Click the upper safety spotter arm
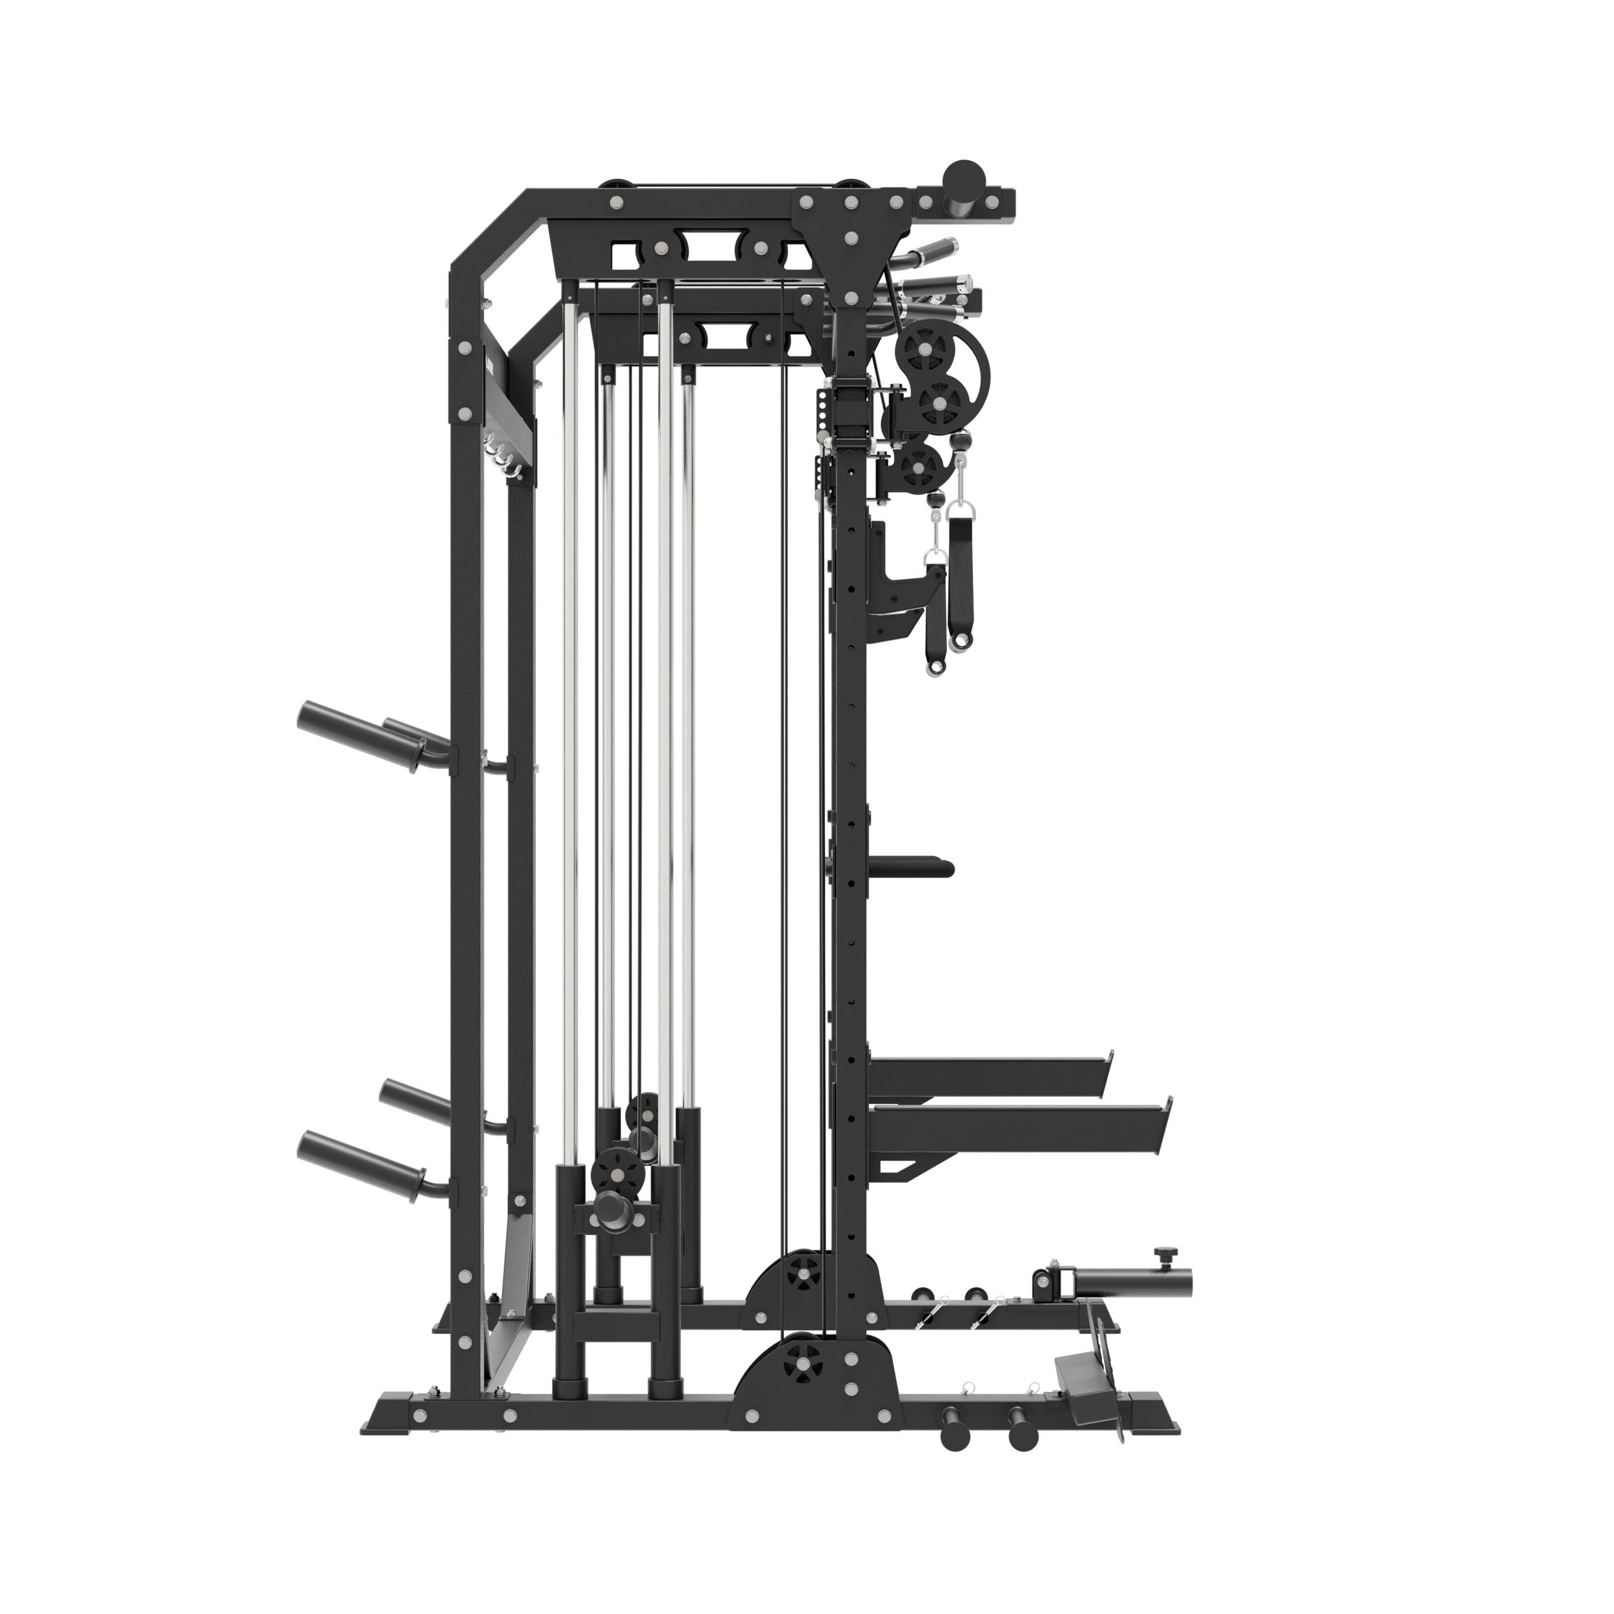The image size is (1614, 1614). tap(986, 1071)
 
